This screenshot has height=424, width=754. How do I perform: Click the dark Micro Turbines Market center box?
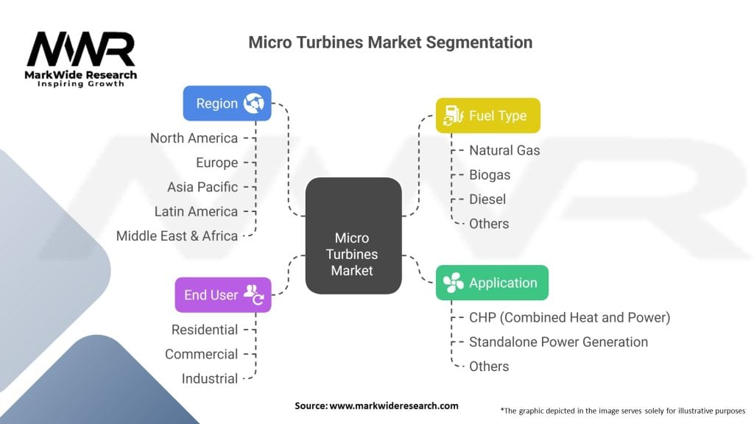pyautogui.click(x=353, y=236)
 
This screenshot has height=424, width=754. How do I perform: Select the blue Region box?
pyautogui.click(x=227, y=103)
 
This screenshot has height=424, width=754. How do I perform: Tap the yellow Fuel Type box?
pyautogui.click(x=487, y=116)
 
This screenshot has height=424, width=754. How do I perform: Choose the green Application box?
pyautogui.click(x=492, y=283)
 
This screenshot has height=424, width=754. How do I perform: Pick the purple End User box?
pyautogui.click(x=222, y=294)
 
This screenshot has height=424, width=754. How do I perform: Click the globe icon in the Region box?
pyautogui.click(x=253, y=103)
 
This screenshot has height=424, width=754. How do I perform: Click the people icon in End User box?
pyautogui.click(x=254, y=294)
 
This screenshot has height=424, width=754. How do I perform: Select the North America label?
pyautogui.click(x=194, y=138)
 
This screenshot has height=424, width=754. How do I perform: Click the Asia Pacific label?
pyautogui.click(x=202, y=187)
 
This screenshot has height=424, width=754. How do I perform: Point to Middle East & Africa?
pyautogui.click(x=177, y=236)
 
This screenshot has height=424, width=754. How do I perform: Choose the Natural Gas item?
pyautogui.click(x=504, y=150)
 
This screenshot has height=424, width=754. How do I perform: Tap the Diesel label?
pyautogui.click(x=487, y=199)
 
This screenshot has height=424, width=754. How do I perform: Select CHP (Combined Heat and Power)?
pyautogui.click(x=569, y=318)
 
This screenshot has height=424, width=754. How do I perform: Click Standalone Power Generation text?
pyautogui.click(x=558, y=342)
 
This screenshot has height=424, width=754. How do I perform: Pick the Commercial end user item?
pyautogui.click(x=201, y=354)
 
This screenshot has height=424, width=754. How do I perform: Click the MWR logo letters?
pyautogui.click(x=81, y=49)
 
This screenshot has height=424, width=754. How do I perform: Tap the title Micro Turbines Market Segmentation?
pyautogui.click(x=390, y=42)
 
